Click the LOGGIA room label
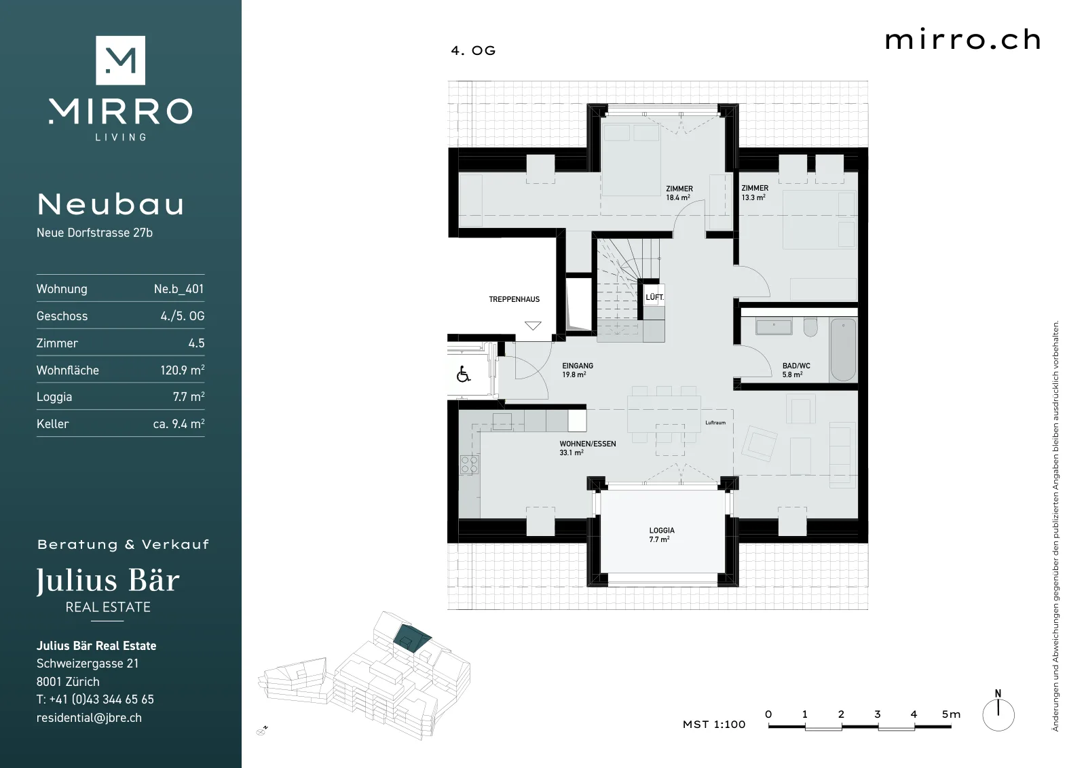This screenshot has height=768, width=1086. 662,531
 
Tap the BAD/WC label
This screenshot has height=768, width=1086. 796,366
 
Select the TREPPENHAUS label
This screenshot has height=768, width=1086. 514,299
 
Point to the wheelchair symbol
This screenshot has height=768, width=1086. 464,374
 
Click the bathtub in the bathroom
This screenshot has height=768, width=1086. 843,349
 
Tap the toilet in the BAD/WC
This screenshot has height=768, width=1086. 810,327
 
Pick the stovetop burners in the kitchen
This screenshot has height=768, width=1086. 469,464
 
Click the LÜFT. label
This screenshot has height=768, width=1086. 654,297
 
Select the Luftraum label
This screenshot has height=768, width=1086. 715,423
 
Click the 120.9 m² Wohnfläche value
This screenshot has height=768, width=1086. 183,370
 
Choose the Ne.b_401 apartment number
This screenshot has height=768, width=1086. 179,289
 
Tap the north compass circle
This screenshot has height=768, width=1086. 998,714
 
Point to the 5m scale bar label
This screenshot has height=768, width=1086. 951,714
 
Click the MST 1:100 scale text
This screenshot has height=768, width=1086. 714,725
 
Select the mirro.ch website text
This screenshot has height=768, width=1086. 963,40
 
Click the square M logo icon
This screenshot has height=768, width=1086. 120,60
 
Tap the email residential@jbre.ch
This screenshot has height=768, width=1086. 89,718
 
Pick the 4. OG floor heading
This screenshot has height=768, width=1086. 473,51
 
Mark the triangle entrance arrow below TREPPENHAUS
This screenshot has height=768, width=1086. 533,325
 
